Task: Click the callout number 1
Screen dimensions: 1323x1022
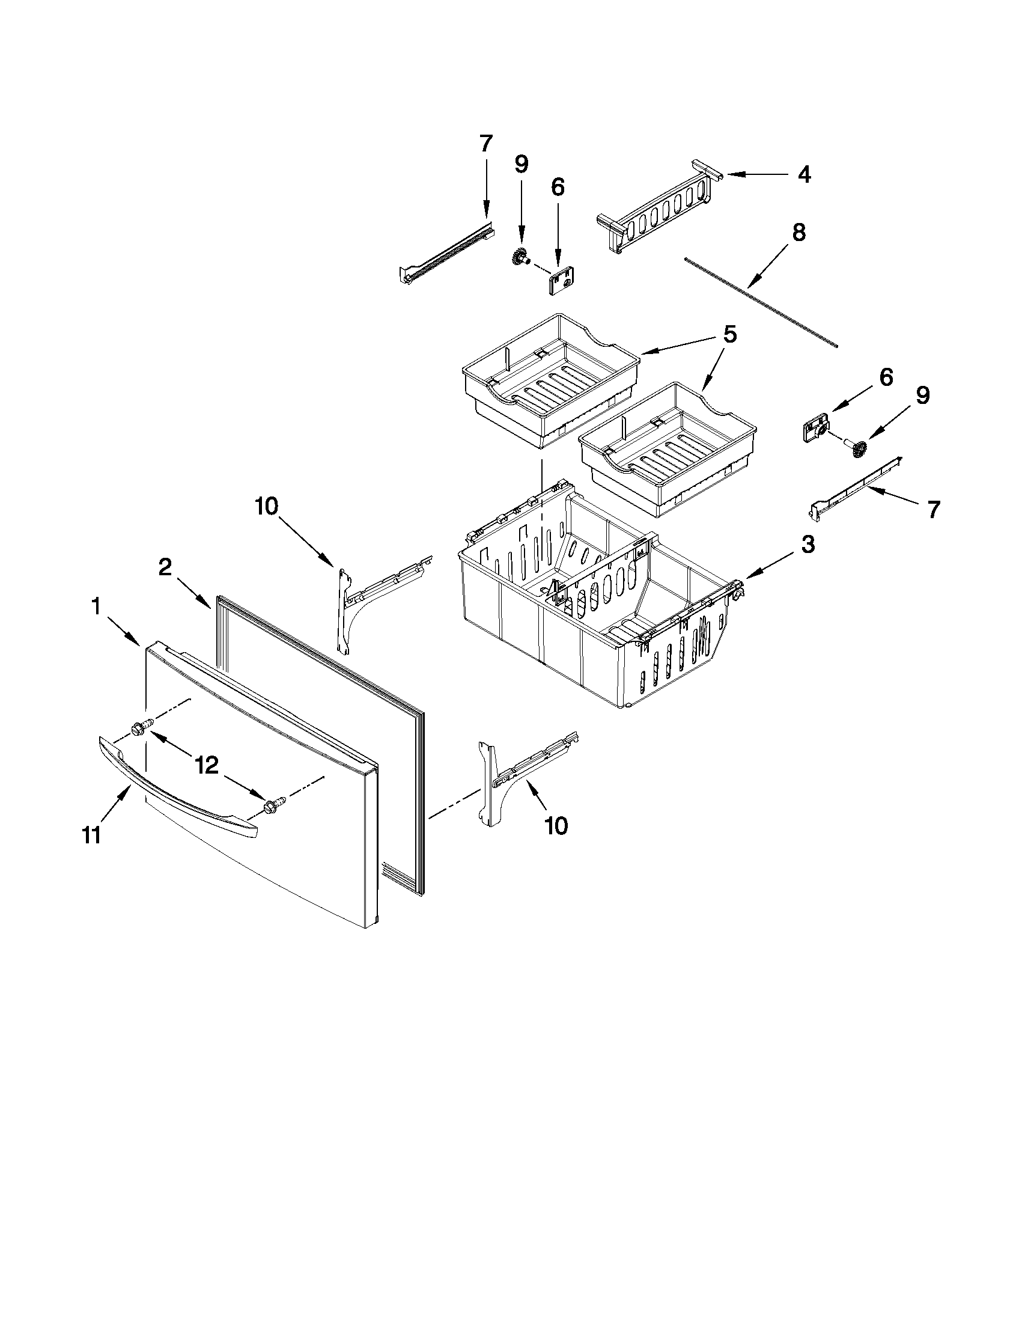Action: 96,607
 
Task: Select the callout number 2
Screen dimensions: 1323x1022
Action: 165,567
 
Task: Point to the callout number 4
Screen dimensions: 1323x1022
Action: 803,174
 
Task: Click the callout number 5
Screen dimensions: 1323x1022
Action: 730,334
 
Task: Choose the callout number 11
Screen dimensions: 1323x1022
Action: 91,836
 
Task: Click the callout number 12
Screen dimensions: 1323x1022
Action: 207,766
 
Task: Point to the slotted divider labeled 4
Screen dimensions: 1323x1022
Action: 660,212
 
